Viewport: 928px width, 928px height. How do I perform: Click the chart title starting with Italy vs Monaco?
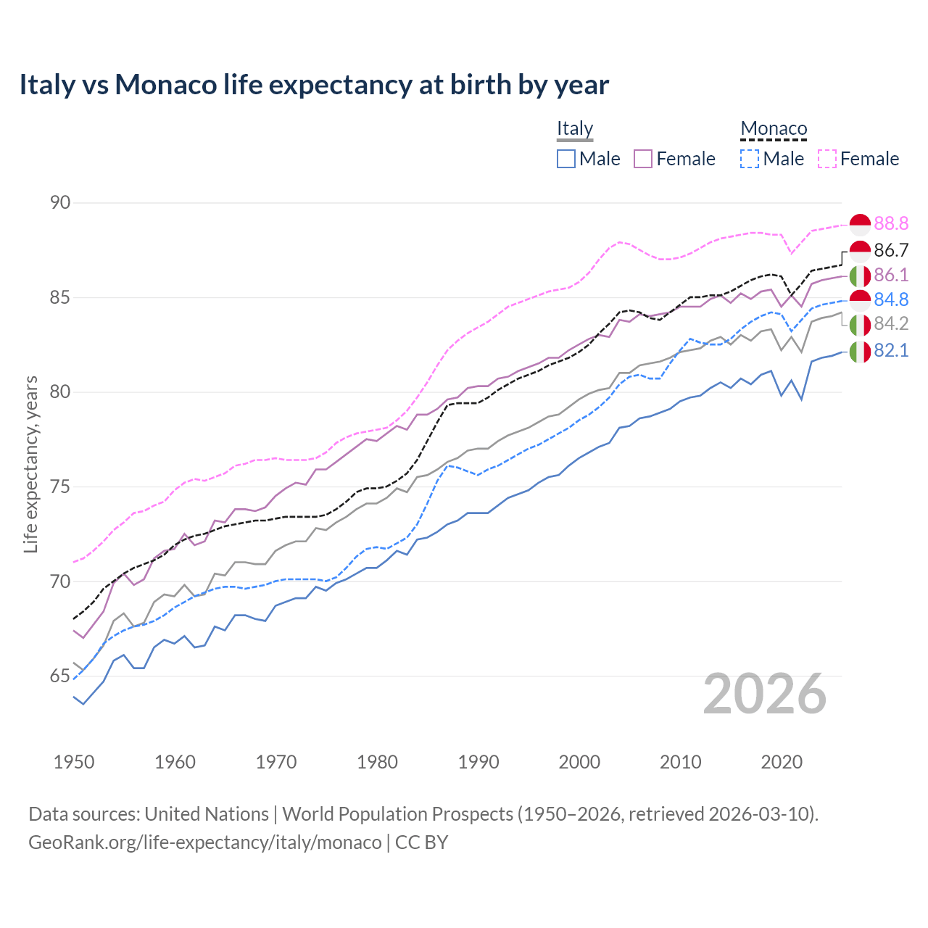[x=314, y=85]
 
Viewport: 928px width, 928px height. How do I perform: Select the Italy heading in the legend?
[x=575, y=128]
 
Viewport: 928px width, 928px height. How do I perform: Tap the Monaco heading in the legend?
[x=774, y=129]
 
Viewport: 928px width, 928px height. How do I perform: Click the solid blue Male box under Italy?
[x=566, y=159]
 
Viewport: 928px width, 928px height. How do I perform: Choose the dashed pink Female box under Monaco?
[x=827, y=159]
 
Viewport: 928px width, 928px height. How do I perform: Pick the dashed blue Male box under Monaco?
[x=750, y=159]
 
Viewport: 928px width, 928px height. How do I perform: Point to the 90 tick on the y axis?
[x=60, y=203]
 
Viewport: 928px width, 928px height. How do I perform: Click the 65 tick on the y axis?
[x=60, y=676]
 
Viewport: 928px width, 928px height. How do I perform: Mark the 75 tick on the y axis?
[x=60, y=487]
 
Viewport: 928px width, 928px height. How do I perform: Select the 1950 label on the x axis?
[x=74, y=762]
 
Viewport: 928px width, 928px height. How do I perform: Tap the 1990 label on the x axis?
[x=478, y=762]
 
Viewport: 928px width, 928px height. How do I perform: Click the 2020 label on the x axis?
[x=782, y=762]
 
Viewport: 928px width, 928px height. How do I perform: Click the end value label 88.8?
[x=891, y=224]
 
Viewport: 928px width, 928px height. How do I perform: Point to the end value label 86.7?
[x=891, y=251]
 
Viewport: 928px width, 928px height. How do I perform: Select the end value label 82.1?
[x=891, y=351]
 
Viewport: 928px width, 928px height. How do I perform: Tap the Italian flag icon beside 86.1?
[x=860, y=275]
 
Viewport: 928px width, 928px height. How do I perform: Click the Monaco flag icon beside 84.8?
[x=860, y=299]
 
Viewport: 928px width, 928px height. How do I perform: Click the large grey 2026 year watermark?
[x=765, y=694]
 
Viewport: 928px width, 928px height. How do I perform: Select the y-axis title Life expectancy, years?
[x=30, y=464]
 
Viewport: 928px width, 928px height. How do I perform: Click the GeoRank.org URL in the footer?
[x=204, y=842]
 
